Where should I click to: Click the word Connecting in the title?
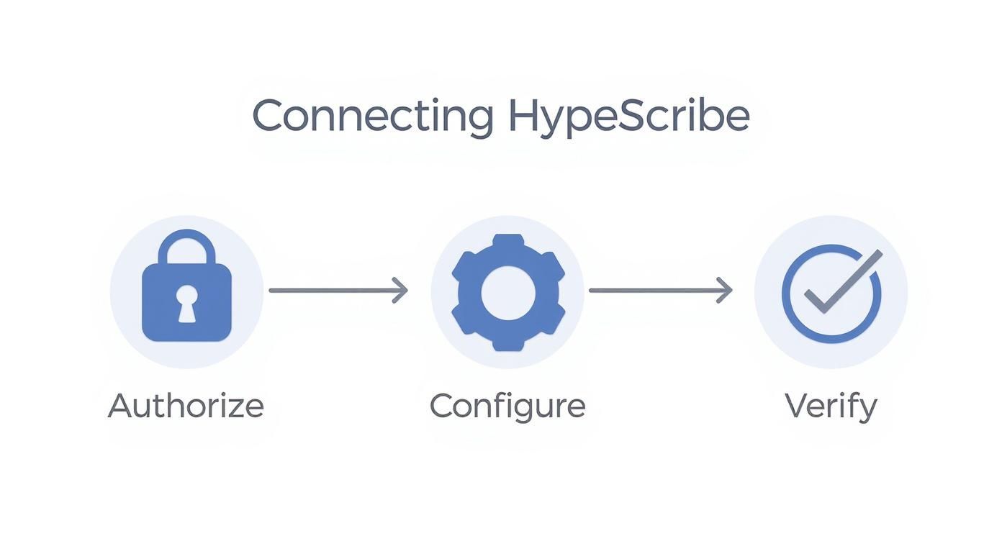[x=372, y=116]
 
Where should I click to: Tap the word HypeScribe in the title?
[x=628, y=116]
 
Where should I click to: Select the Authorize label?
[x=186, y=406]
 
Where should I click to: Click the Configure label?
[x=507, y=406]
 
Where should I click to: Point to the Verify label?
[x=831, y=406]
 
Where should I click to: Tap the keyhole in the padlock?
[x=186, y=303]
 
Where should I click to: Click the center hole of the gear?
[x=507, y=292]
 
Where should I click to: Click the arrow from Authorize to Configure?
[x=337, y=291]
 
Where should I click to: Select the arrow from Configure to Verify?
[x=659, y=291]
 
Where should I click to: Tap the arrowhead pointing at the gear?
[x=401, y=291]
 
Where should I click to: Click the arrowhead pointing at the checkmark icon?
[x=725, y=291]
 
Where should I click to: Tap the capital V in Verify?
[x=797, y=406]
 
